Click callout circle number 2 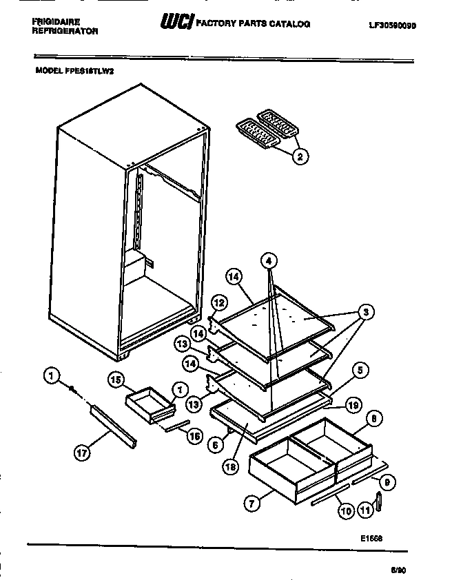pos(299,156)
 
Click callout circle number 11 pos(364,510)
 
